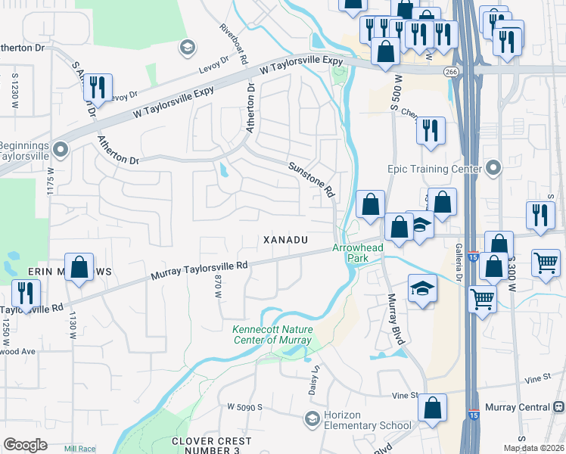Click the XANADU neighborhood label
click(285, 240)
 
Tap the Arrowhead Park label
click(357, 253)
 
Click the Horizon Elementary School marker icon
click(312, 418)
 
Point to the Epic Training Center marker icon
click(495, 167)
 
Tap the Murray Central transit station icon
click(558, 407)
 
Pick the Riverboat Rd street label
click(233, 43)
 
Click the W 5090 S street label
click(244, 406)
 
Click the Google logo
click(26, 445)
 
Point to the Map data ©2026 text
click(533, 448)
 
